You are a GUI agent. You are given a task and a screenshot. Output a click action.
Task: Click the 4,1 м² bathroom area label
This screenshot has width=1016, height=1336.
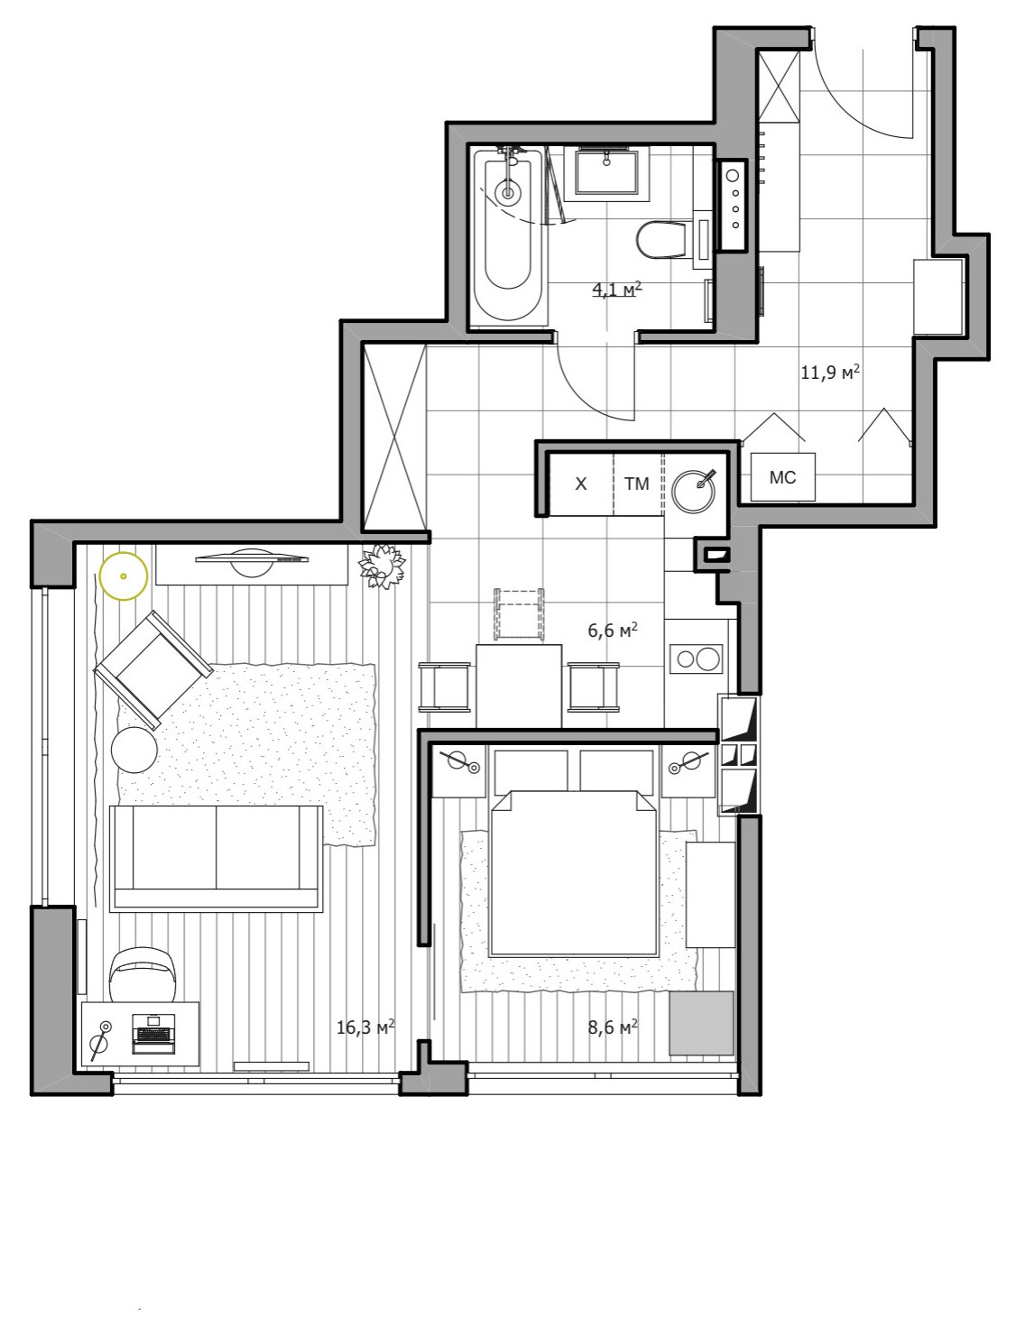click(x=616, y=290)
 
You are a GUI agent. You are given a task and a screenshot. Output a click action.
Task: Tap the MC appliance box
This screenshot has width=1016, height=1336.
click(x=783, y=477)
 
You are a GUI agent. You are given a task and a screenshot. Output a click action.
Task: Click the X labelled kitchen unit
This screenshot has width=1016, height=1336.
click(x=581, y=484)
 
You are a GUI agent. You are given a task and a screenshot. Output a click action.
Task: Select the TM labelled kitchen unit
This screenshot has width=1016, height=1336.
click(x=637, y=484)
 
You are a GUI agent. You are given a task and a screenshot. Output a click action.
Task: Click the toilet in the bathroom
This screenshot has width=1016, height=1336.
click(x=662, y=239)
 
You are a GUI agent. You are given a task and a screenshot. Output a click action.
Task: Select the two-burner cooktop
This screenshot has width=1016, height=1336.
click(x=696, y=659)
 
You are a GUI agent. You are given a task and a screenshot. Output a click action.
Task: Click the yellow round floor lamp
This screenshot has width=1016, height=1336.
click(x=123, y=575)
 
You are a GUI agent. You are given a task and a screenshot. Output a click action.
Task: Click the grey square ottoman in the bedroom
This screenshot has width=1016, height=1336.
click(x=701, y=1023)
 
